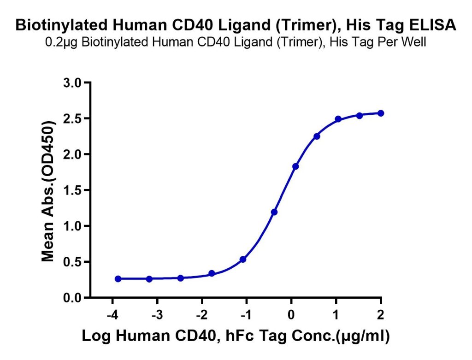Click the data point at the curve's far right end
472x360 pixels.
coord(381,113)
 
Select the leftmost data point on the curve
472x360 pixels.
coord(118,279)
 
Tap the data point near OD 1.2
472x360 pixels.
coord(274,212)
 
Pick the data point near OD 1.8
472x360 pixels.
coord(295,166)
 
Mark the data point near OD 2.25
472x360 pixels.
coord(317,136)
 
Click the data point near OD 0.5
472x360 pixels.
coord(243,260)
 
